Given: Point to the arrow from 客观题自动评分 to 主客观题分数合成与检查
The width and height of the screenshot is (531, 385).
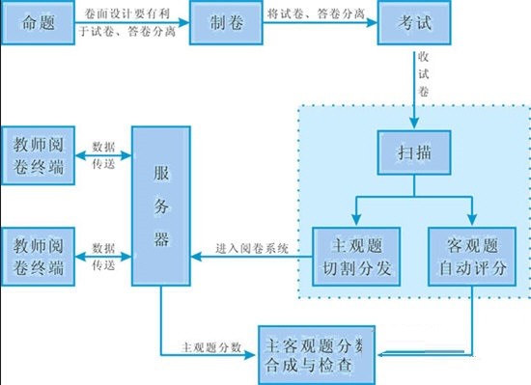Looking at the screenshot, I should (470, 328).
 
